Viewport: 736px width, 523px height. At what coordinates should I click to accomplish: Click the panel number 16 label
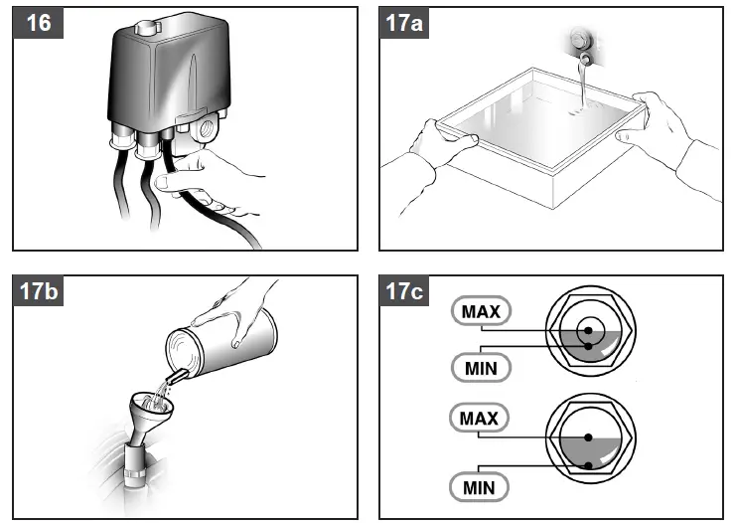pos(39,23)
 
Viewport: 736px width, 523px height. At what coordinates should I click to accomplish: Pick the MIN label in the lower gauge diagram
pos(481,487)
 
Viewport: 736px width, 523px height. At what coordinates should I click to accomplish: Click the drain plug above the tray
pos(578,42)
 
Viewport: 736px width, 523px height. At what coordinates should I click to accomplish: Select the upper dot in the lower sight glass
pos(589,436)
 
